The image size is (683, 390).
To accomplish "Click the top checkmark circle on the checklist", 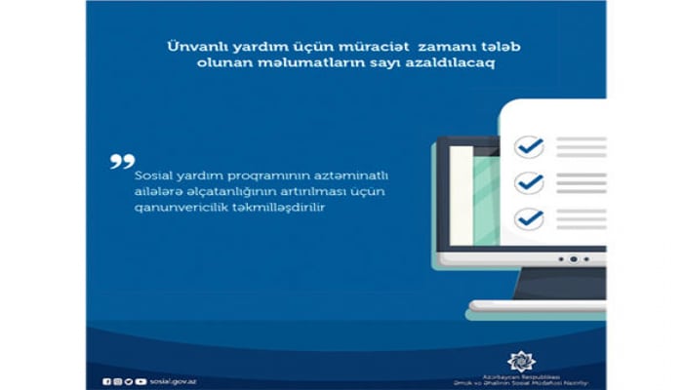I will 530,147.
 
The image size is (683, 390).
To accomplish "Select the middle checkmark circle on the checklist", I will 530,182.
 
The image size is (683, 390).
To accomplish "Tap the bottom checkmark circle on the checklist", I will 530,217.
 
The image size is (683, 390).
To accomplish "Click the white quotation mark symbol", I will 122,161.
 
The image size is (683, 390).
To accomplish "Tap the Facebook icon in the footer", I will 106,381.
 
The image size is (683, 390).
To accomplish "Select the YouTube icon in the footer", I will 141,381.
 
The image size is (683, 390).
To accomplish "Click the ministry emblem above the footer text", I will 521,360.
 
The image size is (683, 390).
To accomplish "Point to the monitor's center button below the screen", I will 573,259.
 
